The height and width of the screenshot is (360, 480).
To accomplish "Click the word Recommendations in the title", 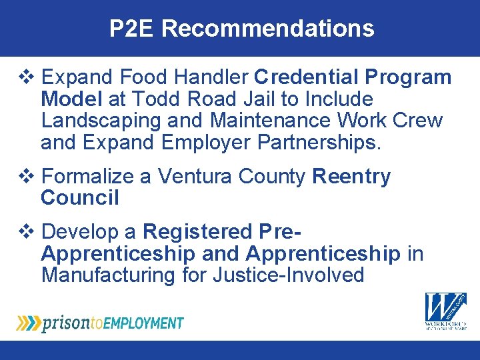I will point(268,28).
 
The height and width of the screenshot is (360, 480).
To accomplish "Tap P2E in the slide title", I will point(132,28).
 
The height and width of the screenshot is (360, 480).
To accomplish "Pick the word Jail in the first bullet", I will point(254,99).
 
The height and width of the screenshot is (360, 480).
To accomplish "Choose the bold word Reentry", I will point(351,177).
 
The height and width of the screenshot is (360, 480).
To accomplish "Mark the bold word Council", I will point(80,198).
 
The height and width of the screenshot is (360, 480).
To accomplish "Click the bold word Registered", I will point(197,232).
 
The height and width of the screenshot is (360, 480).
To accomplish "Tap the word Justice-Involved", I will point(289,275).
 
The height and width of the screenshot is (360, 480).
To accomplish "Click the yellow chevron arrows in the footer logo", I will point(28,323).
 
